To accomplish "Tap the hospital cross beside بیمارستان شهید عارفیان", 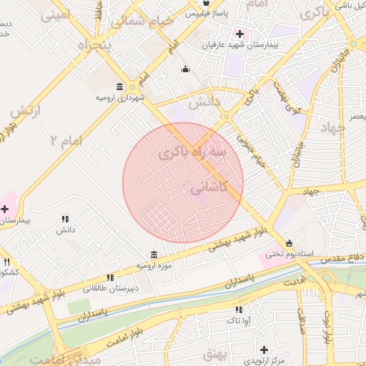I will (239, 34).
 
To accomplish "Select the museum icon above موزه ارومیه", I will (154, 255).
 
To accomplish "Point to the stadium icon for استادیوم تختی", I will (289, 242).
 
